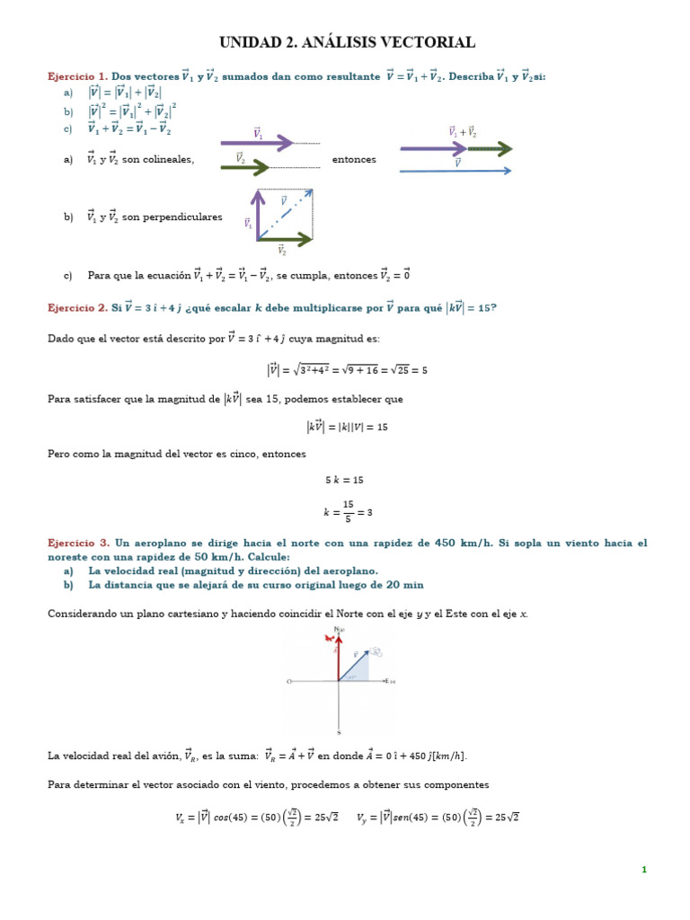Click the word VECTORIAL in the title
(428, 42)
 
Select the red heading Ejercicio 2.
(77, 308)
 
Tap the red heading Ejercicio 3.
(78, 544)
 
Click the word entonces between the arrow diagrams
(354, 159)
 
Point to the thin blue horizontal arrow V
(456, 170)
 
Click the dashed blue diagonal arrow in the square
(286, 214)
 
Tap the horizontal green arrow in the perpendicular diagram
(285, 239)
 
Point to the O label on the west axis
(289, 682)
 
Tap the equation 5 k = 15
(344, 480)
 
